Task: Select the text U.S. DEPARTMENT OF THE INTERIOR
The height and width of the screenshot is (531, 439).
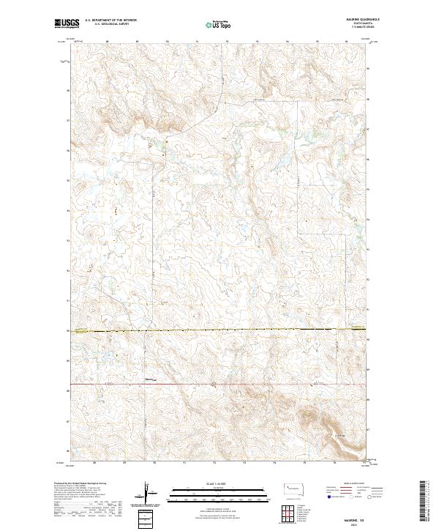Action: (x=110, y=21)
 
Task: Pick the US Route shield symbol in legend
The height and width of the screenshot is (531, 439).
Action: (x=353, y=496)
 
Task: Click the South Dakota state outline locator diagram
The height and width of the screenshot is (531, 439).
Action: (x=294, y=489)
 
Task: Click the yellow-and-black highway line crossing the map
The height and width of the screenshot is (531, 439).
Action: (x=219, y=331)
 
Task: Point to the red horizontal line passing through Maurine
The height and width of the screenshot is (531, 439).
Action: (x=219, y=383)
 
